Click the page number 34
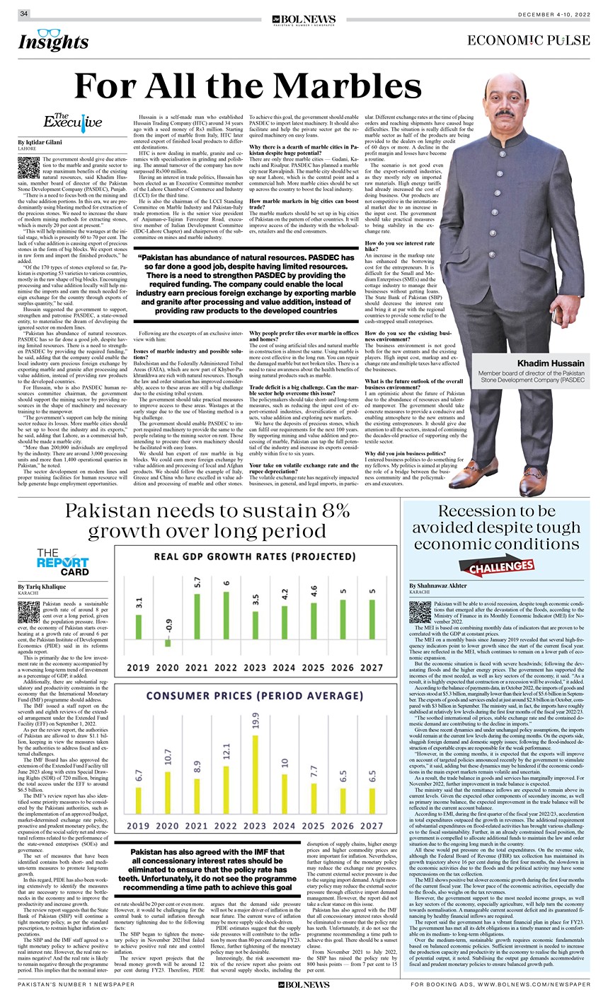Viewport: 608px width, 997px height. pos(24,13)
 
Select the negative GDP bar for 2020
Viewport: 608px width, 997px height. pos(168,643)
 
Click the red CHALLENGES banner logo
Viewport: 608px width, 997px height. pos(498,566)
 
